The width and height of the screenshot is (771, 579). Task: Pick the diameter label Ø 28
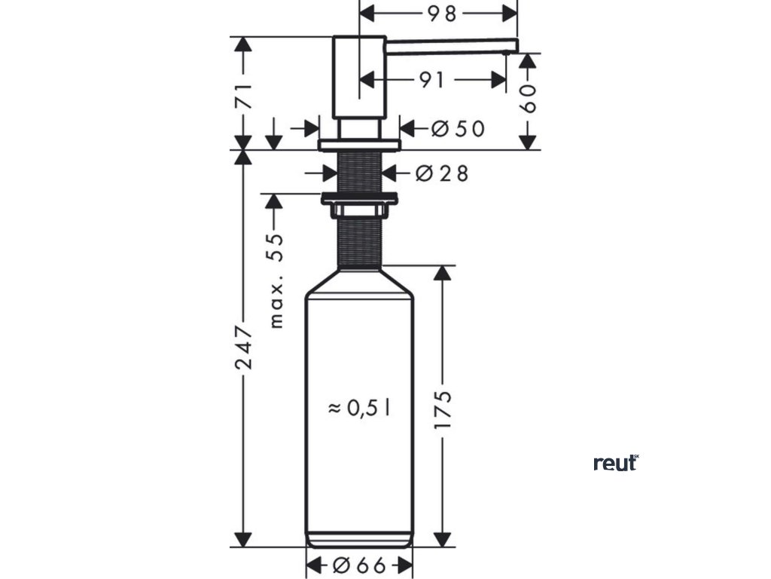441,174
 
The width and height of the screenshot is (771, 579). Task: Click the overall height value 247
243,348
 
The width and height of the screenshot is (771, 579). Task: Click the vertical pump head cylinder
359,75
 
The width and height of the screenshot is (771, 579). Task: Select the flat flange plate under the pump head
359,144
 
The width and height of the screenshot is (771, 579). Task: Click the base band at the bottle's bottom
359,540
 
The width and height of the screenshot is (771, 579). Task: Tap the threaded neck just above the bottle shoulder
359,241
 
